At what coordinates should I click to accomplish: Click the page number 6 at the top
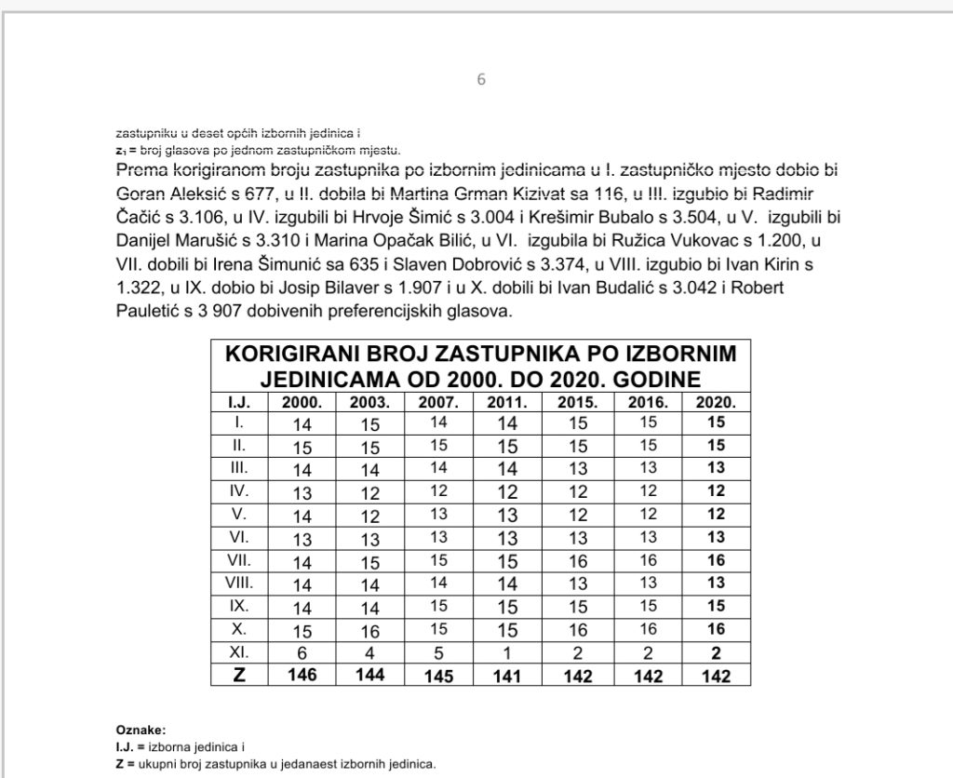(481, 79)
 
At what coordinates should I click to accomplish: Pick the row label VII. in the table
(239, 559)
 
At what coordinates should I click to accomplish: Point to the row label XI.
(239, 649)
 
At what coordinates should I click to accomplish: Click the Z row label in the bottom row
(239, 674)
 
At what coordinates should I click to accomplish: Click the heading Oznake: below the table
(141, 729)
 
